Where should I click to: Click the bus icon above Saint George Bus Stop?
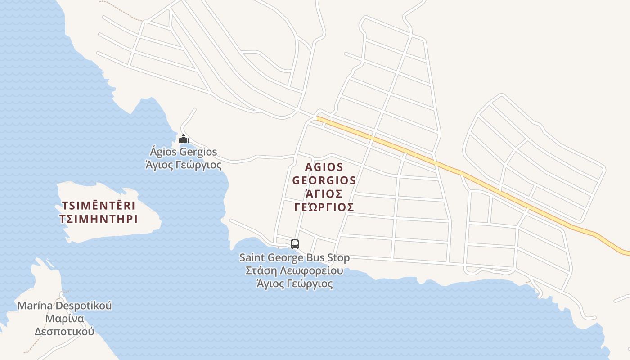click(x=295, y=244)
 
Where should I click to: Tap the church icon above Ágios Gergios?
click(x=183, y=139)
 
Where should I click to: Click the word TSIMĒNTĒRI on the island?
click(x=98, y=206)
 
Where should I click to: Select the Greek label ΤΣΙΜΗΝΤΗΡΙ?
click(x=98, y=219)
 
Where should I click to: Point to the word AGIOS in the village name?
click(x=324, y=167)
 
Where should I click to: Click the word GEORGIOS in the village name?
click(x=324, y=180)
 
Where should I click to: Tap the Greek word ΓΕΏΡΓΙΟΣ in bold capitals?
click(x=324, y=207)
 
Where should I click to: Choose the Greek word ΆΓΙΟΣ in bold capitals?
click(x=324, y=193)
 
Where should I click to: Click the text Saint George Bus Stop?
click(x=294, y=258)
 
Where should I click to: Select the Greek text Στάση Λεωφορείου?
click(x=294, y=270)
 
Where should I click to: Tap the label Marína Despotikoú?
click(x=64, y=306)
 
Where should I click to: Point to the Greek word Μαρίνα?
click(x=64, y=319)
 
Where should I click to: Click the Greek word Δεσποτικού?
click(x=64, y=332)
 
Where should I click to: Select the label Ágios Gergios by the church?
click(x=183, y=152)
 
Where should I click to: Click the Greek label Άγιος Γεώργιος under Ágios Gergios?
click(x=183, y=165)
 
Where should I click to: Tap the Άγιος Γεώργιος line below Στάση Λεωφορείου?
click(x=294, y=283)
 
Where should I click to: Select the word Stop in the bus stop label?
click(x=338, y=258)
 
